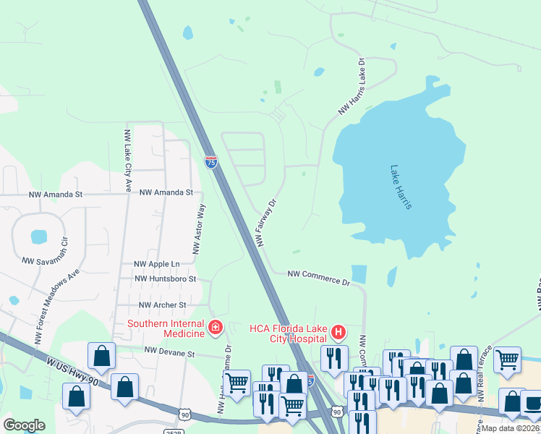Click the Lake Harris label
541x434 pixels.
coord(401,188)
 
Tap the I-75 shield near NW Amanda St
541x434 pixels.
coord(210,162)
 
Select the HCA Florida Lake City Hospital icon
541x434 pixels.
coord(338,333)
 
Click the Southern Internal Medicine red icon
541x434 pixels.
coord(215,328)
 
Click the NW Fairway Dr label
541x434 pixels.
coord(265,223)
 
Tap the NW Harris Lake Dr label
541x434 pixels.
coord(353,86)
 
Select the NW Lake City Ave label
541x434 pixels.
coord(128,161)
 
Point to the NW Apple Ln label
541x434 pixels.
coord(156,264)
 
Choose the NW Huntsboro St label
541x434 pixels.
coord(166,278)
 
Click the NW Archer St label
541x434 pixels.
coord(163,305)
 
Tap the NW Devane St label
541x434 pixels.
coord(170,352)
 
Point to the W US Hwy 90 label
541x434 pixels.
coord(70,370)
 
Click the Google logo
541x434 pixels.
coord(24,425)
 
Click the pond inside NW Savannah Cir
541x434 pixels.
coord(39,237)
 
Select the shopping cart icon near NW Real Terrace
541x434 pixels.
coord(507,358)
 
